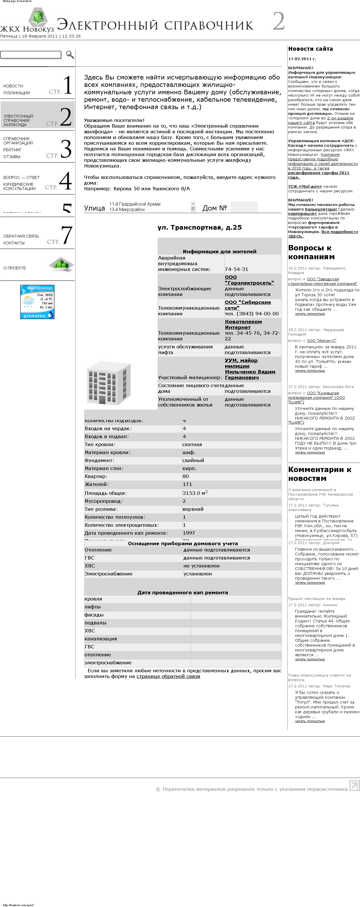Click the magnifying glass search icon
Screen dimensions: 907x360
tap(70, 55)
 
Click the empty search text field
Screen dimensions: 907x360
tap(31, 55)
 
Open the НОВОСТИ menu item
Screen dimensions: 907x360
tap(13, 86)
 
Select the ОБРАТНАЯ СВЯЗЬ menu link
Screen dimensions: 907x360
tap(21, 236)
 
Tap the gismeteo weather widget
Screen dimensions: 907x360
tap(37, 302)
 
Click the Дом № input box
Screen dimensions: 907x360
tap(244, 207)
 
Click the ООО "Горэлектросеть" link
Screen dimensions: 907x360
tap(249, 280)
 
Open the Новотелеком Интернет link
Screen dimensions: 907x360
tap(243, 324)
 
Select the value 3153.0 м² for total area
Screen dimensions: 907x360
tap(195, 493)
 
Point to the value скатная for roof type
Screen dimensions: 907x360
tap(192, 444)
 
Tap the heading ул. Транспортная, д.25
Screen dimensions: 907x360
tap(199, 227)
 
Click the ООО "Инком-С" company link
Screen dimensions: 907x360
tap(321, 340)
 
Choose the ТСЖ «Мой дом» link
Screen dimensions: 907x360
tap(300, 187)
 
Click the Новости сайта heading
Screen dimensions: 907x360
tap(310, 49)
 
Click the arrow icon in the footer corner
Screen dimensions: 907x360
tap(354, 785)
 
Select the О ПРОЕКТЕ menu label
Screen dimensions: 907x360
tap(15, 268)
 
